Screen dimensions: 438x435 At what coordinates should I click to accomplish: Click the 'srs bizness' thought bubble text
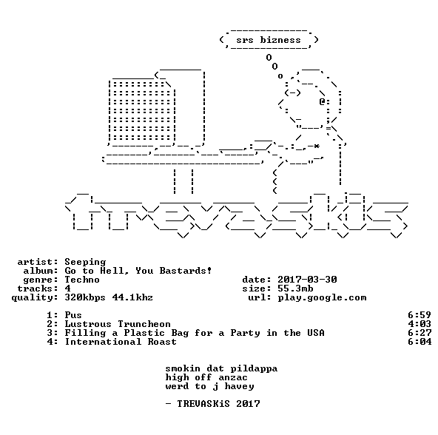[269, 40]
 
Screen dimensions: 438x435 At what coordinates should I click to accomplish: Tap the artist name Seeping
[85, 262]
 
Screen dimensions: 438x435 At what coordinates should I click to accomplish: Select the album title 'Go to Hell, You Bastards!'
[138, 271]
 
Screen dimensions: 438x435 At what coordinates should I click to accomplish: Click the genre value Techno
[82, 280]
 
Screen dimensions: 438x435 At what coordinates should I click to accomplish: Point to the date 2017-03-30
[307, 280]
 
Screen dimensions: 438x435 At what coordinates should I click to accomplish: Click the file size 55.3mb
[295, 289]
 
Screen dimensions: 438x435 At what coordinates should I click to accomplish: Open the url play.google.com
[322, 297]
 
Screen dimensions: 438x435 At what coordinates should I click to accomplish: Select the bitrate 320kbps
[85, 297]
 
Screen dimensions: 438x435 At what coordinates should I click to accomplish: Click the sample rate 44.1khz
[132, 297]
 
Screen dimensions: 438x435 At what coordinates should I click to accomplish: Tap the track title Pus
[73, 315]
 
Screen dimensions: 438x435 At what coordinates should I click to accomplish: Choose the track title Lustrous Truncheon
[118, 324]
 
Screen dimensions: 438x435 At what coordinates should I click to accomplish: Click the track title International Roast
[121, 342]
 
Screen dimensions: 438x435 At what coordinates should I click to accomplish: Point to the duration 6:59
[420, 315]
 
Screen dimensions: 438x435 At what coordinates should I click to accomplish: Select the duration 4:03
[420, 324]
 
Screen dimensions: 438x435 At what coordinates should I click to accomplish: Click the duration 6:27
[420, 333]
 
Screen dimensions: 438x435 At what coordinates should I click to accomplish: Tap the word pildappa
[254, 368]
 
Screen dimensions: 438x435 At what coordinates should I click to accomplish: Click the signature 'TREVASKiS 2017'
[218, 404]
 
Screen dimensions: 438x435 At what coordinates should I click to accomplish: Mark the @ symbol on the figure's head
[322, 101]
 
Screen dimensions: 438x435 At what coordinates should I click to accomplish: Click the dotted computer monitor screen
[142, 111]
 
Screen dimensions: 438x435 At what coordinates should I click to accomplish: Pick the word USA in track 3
[316, 333]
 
